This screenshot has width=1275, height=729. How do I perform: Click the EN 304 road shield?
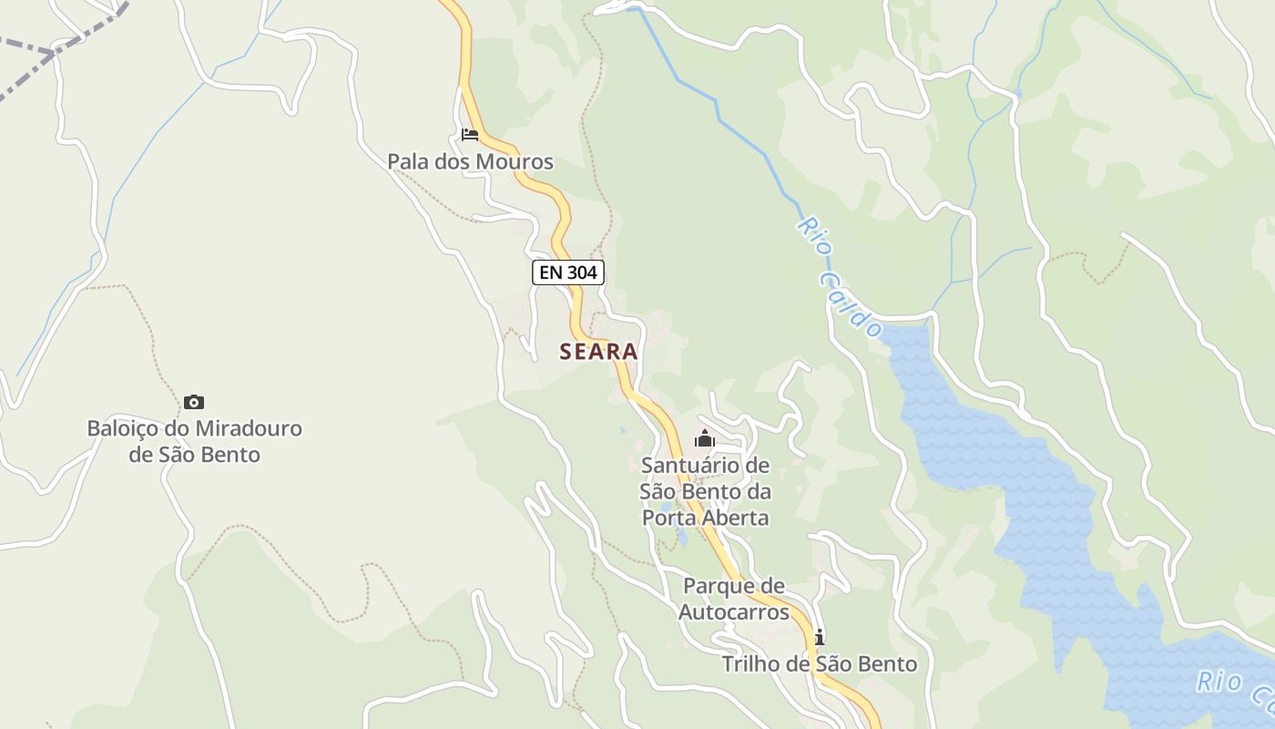[x=568, y=272]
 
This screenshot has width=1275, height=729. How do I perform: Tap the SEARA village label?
[x=598, y=352]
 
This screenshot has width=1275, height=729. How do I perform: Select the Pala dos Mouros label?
[x=470, y=162]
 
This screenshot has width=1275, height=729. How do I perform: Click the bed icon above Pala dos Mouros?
[x=470, y=135]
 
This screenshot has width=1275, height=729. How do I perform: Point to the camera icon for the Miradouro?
[x=194, y=402]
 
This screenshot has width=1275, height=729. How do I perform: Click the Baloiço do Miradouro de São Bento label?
[x=194, y=441]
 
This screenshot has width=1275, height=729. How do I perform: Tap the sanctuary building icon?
[x=705, y=439]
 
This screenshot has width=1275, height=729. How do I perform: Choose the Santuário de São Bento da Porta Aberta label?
[x=706, y=492]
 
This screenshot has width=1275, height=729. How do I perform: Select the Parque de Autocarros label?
[x=733, y=599]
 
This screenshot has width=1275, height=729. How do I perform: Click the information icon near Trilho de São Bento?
[x=820, y=636]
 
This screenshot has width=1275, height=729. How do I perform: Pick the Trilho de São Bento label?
[x=820, y=664]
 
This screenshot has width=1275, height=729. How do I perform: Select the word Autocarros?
[x=733, y=611]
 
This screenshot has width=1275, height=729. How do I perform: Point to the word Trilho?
[x=751, y=664]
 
